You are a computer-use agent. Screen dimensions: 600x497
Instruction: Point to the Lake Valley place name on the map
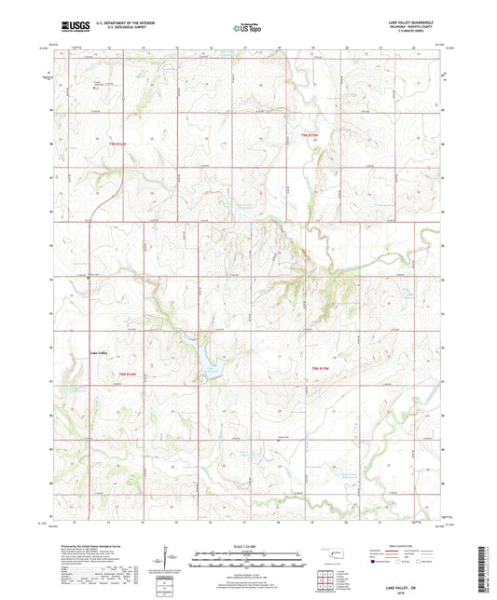(x=99, y=352)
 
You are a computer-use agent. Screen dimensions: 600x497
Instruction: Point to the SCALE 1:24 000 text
(x=248, y=546)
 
